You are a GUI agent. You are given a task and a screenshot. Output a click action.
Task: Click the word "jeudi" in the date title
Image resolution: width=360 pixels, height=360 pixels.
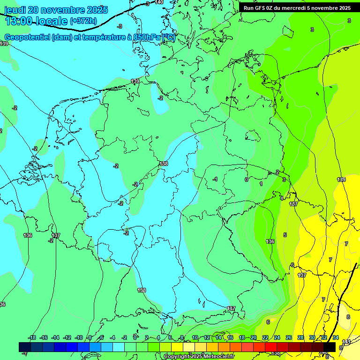click(x=14, y=10)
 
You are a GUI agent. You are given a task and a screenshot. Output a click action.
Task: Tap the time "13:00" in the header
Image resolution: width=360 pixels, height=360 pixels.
click(x=20, y=21)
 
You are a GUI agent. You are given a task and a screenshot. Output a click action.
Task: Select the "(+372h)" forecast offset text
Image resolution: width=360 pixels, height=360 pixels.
click(x=83, y=21)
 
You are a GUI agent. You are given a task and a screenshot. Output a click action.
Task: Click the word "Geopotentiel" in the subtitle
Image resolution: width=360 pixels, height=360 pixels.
click(x=28, y=37)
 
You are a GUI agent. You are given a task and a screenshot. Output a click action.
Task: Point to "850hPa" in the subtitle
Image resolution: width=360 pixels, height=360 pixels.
click(x=146, y=37)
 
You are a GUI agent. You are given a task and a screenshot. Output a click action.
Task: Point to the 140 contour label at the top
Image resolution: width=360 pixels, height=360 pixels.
click(x=159, y=2)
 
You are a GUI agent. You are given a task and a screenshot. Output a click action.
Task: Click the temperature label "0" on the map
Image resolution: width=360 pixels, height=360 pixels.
click(x=246, y=180)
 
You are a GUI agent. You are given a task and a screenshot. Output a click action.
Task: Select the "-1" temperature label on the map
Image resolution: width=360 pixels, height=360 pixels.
click(x=215, y=180)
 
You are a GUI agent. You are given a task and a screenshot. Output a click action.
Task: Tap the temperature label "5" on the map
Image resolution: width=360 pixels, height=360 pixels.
click(x=285, y=235)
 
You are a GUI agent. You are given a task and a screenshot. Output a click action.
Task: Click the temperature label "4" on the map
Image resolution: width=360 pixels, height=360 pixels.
click(x=281, y=198)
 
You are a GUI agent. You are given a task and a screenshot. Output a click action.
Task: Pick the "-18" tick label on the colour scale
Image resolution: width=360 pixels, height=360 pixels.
click(x=32, y=337)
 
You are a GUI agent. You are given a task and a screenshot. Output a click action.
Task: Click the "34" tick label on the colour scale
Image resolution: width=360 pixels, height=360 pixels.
click(x=336, y=337)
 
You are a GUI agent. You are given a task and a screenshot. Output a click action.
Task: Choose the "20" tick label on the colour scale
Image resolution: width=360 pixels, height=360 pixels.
click(x=254, y=337)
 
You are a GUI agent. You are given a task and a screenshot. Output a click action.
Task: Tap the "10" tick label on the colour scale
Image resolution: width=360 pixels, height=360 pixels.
click(x=195, y=337)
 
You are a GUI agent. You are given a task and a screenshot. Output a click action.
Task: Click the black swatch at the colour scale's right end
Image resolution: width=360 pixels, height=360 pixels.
click(x=330, y=347)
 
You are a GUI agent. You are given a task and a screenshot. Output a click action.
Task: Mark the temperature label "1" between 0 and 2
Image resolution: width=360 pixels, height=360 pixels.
click(x=261, y=184)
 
